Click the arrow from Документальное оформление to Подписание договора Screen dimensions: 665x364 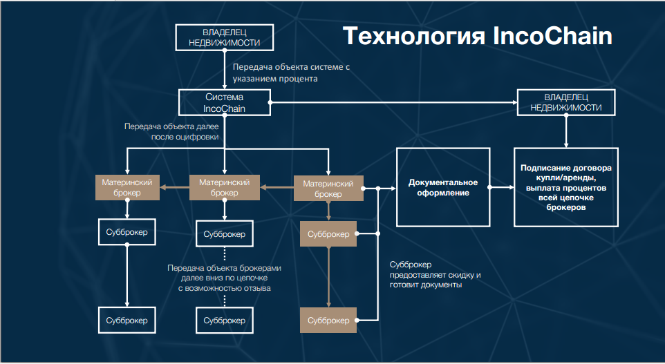(x=502, y=187)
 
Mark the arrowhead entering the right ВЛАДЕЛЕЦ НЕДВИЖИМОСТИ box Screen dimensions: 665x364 (x=514, y=102)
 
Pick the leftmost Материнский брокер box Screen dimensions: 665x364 (x=127, y=187)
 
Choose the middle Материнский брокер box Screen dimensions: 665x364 (x=225, y=187)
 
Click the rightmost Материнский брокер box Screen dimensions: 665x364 (x=328, y=189)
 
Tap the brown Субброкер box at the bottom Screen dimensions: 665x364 (x=328, y=320)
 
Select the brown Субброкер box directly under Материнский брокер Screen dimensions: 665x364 (x=328, y=234)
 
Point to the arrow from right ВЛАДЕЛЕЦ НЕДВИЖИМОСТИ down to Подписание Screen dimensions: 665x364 (x=566, y=131)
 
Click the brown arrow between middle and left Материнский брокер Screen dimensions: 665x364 (x=174, y=187)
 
